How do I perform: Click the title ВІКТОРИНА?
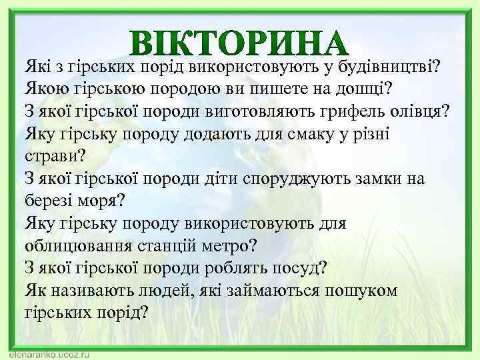click(x=240, y=43)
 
